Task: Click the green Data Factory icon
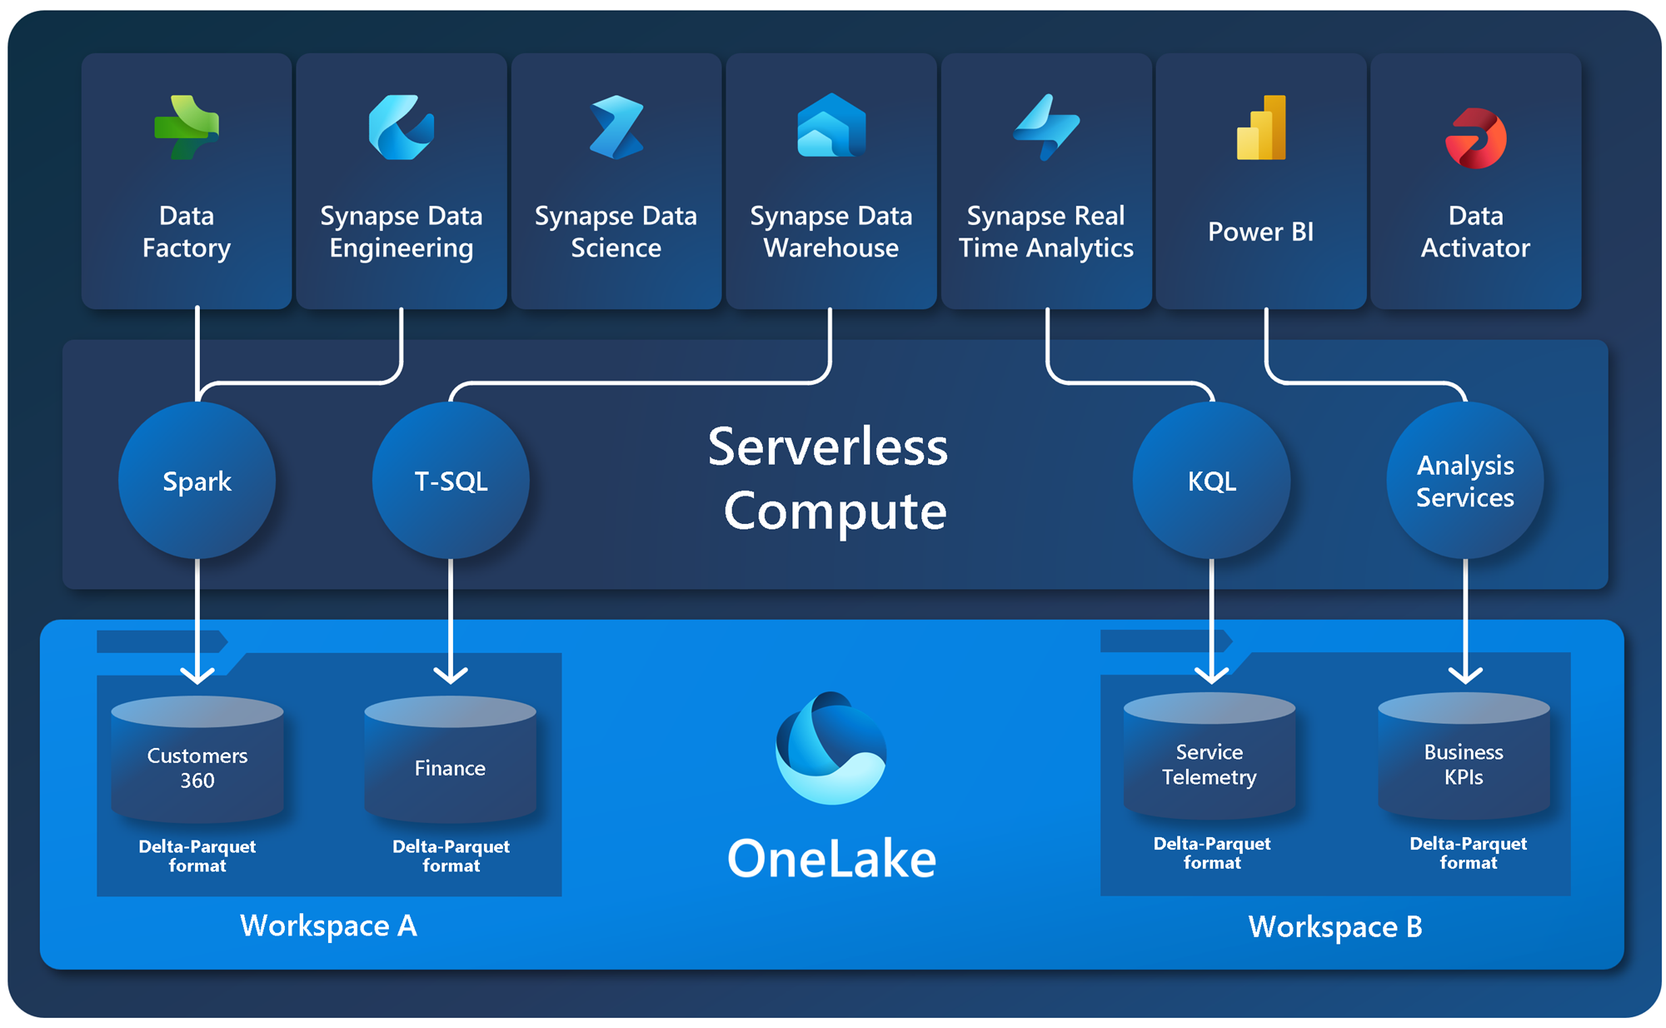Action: click(x=187, y=127)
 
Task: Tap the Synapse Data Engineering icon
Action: click(x=401, y=127)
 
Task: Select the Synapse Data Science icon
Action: click(x=616, y=127)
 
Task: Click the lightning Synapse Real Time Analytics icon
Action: click(x=1046, y=127)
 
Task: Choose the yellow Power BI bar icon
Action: click(x=1261, y=127)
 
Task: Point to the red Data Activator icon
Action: click(x=1475, y=138)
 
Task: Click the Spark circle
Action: click(x=197, y=481)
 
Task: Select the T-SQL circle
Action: click(x=451, y=481)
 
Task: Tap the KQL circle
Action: click(x=1211, y=481)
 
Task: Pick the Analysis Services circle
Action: click(x=1464, y=481)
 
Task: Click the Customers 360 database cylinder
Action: click(x=197, y=760)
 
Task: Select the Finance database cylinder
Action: click(x=451, y=760)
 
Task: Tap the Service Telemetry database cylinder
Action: click(x=1210, y=756)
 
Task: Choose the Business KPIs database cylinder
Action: click(x=1464, y=756)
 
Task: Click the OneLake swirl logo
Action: click(x=831, y=747)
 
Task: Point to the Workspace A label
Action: click(x=328, y=926)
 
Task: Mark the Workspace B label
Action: click(x=1334, y=926)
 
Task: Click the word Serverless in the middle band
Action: click(x=828, y=447)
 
